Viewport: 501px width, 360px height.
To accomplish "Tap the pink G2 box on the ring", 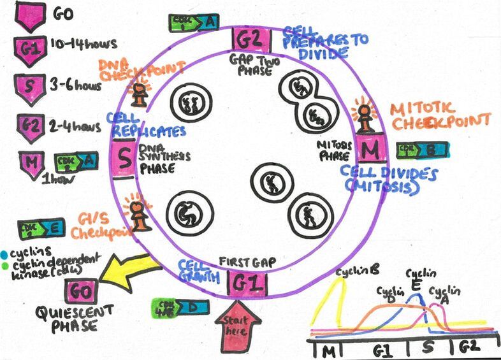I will [x=249, y=40].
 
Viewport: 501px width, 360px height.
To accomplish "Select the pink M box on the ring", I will [x=368, y=151].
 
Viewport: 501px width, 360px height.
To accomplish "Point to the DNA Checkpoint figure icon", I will [x=137, y=94].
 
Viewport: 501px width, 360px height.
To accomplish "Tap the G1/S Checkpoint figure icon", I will [x=139, y=213].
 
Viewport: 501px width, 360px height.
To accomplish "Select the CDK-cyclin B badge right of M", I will [x=422, y=150].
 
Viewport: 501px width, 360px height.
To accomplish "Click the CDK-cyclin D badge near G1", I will [x=181, y=306].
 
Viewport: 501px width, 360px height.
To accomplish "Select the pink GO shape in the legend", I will [x=29, y=15].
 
